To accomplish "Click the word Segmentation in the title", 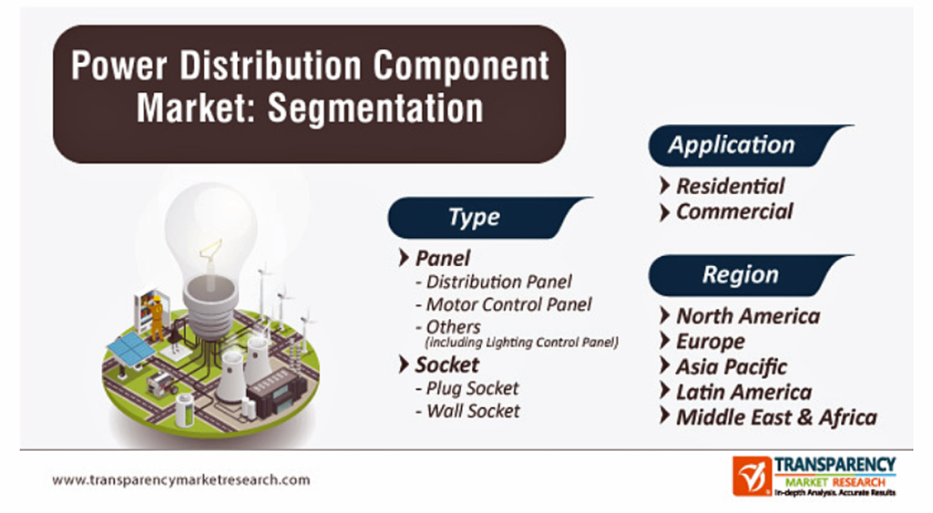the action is [375, 108].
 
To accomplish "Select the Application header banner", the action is [747, 145].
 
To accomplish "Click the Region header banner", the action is [747, 275].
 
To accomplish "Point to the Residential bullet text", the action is [730, 186].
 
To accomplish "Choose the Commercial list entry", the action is [734, 211].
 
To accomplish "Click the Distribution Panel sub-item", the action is [498, 282].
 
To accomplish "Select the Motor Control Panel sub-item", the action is [508, 304].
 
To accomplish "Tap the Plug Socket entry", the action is [473, 388].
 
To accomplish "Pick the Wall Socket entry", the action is [473, 411].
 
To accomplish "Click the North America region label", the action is [748, 316].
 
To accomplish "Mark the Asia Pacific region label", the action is [732, 366].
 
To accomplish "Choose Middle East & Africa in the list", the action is [776, 417].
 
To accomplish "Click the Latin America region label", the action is [743, 392].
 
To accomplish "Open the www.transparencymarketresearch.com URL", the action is [181, 479].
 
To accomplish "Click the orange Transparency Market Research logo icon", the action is [752, 477].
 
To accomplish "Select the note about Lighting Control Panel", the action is [522, 343].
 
